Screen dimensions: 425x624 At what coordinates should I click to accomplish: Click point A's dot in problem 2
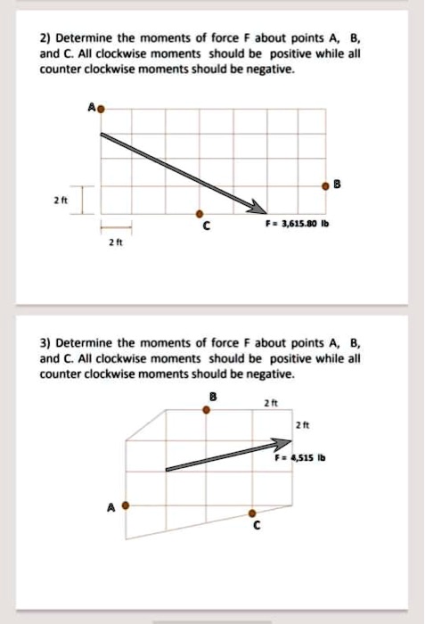tap(101, 109)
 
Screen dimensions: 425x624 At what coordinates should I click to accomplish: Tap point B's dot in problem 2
tap(326, 186)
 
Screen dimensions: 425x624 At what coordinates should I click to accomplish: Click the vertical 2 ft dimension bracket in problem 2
tap(82, 201)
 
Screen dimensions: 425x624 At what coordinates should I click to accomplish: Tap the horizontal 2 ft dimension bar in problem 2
tap(116, 223)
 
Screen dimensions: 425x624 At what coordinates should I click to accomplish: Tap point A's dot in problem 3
tap(126, 505)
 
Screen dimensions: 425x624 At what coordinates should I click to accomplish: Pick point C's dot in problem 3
tap(253, 513)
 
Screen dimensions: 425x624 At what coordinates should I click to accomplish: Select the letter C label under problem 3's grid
tap(255, 529)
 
